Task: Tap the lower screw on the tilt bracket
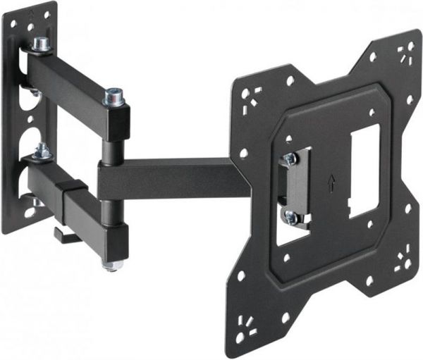click(290, 217)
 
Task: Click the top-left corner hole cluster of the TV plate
click(250, 96)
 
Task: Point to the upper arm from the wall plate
click(67, 82)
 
